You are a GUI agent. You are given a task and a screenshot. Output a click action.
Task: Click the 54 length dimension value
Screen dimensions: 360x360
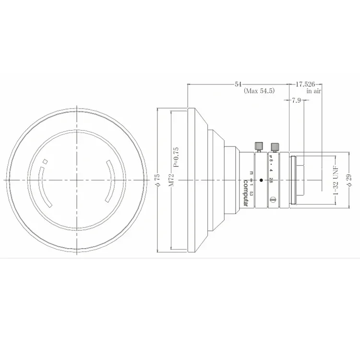[238, 84]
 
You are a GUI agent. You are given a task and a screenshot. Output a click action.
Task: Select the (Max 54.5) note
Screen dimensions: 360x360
[259, 91]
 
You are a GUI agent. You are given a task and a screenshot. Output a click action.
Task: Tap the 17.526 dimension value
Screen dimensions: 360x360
[305, 84]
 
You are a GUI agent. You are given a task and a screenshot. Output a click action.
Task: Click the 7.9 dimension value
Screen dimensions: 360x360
[296, 100]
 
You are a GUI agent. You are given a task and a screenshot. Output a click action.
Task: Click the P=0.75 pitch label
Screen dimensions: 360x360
[176, 156]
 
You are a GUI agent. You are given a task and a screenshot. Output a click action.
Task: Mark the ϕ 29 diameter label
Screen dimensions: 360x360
[348, 180]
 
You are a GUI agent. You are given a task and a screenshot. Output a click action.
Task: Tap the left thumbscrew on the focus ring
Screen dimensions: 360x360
[258, 145]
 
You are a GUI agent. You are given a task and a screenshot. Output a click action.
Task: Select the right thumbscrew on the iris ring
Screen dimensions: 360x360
[276, 146]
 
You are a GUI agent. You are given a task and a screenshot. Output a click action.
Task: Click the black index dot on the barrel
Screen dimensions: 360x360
[261, 180]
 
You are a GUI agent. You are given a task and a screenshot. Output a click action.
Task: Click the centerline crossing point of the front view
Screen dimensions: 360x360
[77, 180]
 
